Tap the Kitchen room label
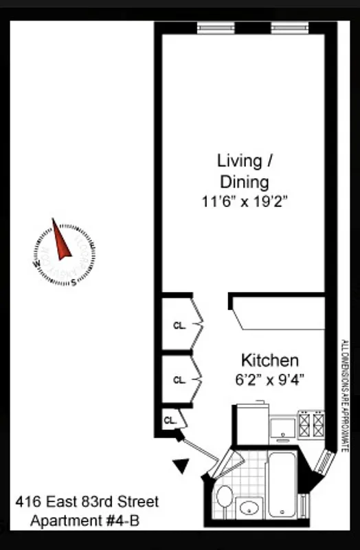pyautogui.click(x=269, y=360)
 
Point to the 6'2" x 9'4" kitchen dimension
pyautogui.click(x=269, y=378)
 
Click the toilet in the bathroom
pyautogui.click(x=224, y=496)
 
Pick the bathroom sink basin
pyautogui.click(x=249, y=508)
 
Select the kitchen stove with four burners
pyautogui.click(x=311, y=423)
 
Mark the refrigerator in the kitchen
pyautogui.click(x=251, y=421)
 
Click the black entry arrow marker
pyautogui.click(x=181, y=467)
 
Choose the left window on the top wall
pyautogui.click(x=215, y=27)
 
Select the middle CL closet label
pyautogui.click(x=179, y=379)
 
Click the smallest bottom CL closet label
pyautogui.click(x=168, y=419)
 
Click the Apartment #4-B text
pyautogui.click(x=85, y=521)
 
